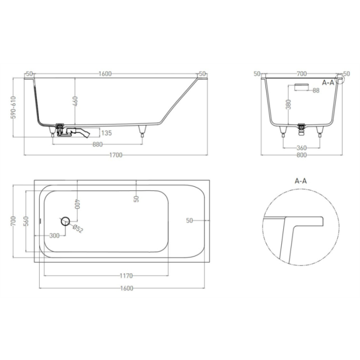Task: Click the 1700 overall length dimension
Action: (x=116, y=155)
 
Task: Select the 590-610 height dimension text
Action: (x=14, y=107)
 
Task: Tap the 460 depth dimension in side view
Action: (x=75, y=102)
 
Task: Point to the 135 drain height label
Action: (x=106, y=133)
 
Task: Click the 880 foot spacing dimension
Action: (x=97, y=144)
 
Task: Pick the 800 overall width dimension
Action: (x=302, y=155)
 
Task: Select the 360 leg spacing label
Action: (x=302, y=148)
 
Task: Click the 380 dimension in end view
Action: (x=288, y=104)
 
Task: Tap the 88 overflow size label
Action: (x=316, y=90)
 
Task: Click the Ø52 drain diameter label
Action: (x=78, y=228)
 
